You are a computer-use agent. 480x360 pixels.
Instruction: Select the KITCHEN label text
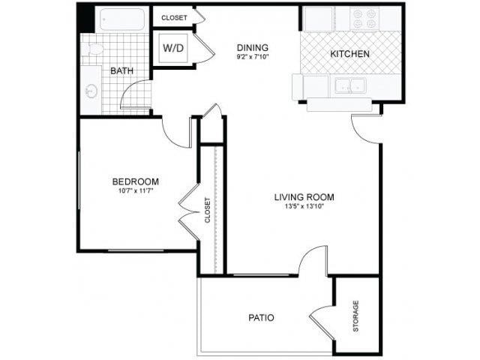[x=349, y=54]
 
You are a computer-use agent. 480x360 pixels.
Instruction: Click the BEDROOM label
[x=135, y=181]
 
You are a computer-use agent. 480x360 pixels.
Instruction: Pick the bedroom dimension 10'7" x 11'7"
[x=135, y=192]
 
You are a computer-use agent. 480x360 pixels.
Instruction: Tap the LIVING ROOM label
[x=304, y=198]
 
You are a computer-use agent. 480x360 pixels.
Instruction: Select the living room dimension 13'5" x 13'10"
[x=304, y=208]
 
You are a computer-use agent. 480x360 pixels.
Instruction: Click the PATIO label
[x=261, y=318]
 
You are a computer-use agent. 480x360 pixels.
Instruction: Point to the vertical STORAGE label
[x=355, y=316]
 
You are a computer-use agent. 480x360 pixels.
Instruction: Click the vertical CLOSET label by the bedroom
[x=208, y=209]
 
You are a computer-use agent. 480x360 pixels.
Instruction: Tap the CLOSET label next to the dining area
[x=174, y=16]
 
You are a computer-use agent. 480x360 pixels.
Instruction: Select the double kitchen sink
[x=349, y=85]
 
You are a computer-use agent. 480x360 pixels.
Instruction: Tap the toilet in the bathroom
[x=93, y=49]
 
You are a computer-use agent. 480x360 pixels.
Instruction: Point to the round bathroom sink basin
[x=92, y=91]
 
